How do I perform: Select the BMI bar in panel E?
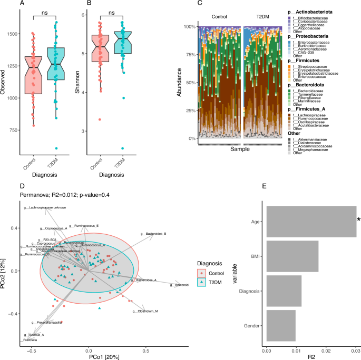coord(292,256)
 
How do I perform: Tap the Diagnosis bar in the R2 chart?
coord(284,291)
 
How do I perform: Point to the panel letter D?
coord(22,186)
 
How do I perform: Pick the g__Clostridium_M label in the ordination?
coord(145,312)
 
